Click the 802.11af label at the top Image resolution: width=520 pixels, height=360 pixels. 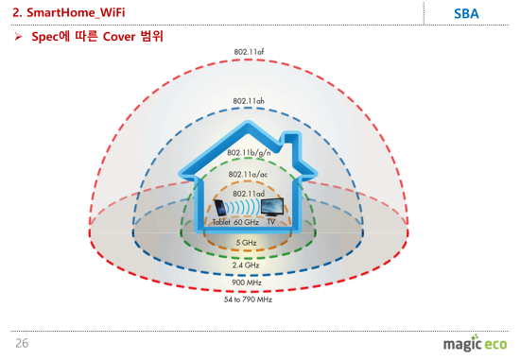[248, 51]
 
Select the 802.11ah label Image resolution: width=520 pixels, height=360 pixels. [248, 100]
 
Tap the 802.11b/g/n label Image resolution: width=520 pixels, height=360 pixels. [248, 153]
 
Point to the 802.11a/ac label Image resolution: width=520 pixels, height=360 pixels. [248, 175]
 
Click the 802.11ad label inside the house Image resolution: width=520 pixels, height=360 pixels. [248, 194]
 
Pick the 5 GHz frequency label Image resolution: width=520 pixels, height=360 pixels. [247, 243]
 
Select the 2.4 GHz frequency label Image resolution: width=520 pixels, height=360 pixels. [247, 265]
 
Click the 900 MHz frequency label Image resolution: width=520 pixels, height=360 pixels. [247, 283]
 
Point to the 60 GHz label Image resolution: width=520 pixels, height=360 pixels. [247, 222]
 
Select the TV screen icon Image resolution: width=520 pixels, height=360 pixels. [271, 207]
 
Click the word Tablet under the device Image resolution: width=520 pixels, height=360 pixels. [221, 222]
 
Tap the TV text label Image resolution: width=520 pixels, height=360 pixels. [271, 222]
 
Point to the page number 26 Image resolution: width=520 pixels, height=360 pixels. [21, 343]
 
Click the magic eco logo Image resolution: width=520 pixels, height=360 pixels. [475, 343]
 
